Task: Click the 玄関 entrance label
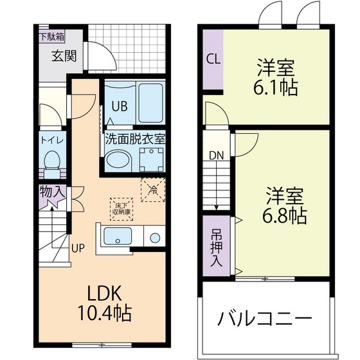point(64,56)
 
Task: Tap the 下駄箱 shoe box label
point(52,36)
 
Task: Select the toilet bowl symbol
point(50,159)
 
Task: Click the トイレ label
point(50,139)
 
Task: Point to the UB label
point(120,107)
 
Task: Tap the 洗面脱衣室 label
point(135,137)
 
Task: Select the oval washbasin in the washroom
point(117,159)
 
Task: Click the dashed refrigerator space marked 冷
point(153,190)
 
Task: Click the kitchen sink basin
point(118,238)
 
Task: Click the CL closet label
point(212,59)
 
